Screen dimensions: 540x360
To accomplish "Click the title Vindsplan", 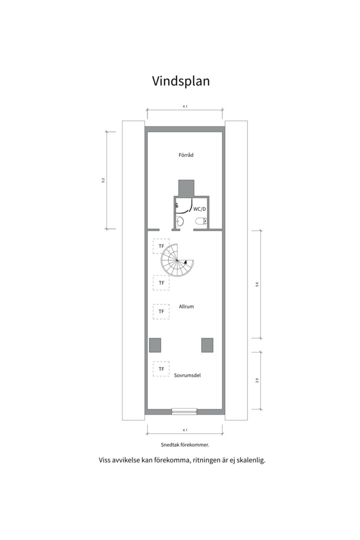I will [x=180, y=81].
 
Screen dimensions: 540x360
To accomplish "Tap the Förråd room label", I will [x=186, y=155].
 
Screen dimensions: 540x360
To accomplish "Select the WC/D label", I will [x=200, y=209].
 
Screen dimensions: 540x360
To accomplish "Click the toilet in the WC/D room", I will [x=201, y=221].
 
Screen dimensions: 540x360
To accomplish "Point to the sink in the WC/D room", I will [x=180, y=221].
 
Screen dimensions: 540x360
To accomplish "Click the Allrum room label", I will [x=186, y=306].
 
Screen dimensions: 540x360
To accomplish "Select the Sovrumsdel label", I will [x=187, y=374].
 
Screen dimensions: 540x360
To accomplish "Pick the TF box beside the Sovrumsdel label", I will [x=161, y=369].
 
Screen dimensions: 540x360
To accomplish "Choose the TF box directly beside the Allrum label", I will [x=161, y=311].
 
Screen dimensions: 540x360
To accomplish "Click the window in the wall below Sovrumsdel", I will [x=184, y=412].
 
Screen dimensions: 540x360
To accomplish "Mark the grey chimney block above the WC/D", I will [x=186, y=188].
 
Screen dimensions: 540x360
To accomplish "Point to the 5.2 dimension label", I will [x=103, y=180].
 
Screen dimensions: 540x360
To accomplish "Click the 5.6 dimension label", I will [x=257, y=284].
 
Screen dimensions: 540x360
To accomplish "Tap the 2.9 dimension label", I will [x=257, y=380].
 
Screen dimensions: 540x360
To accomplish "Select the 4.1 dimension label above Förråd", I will [x=184, y=106].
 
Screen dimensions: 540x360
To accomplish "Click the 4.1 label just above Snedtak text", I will [x=184, y=430].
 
